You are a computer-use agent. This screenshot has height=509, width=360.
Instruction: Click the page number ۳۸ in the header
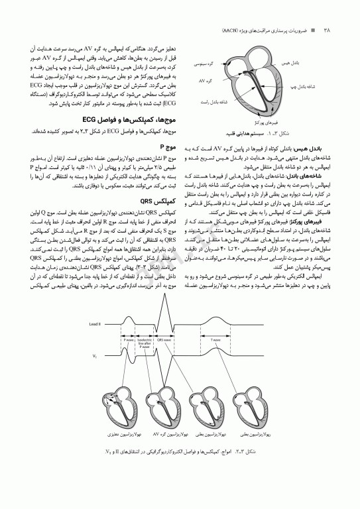[x=327, y=30]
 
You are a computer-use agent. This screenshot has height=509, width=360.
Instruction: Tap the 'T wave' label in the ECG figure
[x=216, y=339]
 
